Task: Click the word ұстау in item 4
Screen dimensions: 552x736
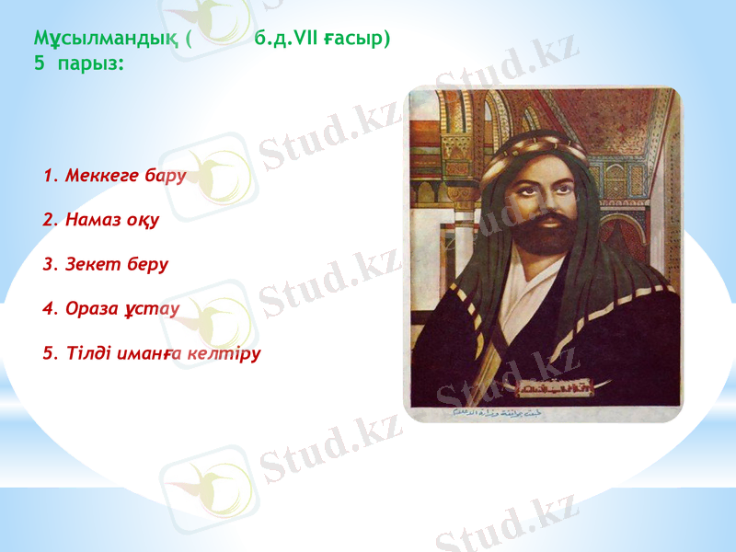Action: coord(155,308)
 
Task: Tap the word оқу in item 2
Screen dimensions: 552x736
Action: coord(145,220)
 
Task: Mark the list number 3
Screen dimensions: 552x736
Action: coord(49,264)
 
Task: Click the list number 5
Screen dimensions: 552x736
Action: coord(49,352)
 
